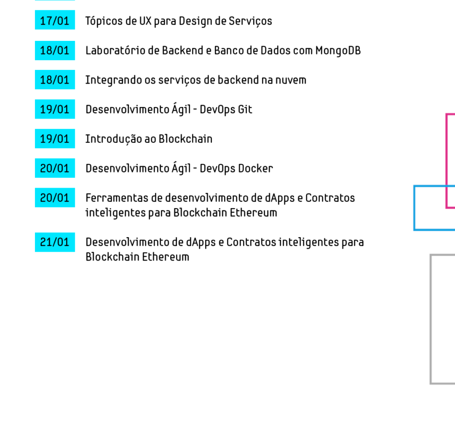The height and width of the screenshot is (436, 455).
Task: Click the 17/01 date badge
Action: (x=55, y=20)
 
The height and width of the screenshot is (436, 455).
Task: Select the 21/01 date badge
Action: (x=55, y=242)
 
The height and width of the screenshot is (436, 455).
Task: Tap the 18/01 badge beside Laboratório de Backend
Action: (x=55, y=51)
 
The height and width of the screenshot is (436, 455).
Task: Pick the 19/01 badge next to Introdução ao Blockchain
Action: (x=55, y=139)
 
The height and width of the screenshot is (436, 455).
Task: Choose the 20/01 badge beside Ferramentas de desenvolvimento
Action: (x=55, y=197)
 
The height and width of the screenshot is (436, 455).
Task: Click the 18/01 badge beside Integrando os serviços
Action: (x=55, y=80)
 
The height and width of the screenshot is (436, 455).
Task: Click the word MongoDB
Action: (x=338, y=51)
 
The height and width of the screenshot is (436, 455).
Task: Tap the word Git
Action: (x=245, y=109)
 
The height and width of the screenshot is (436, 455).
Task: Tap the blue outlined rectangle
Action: (x=414, y=208)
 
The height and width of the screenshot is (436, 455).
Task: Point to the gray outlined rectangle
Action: (x=431, y=319)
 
